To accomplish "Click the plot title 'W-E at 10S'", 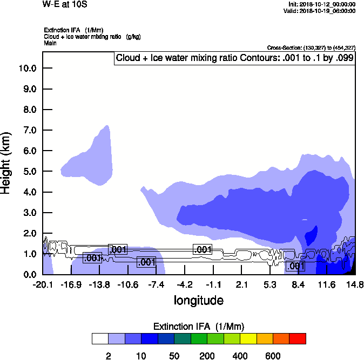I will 64,5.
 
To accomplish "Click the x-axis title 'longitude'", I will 198,300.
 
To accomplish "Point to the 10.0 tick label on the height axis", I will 27,69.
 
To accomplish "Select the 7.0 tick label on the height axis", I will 29,130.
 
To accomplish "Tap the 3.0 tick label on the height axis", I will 29,213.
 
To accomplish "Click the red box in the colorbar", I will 298,338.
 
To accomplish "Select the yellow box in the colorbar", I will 248,338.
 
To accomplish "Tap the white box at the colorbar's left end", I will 100,338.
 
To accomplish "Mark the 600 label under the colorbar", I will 273,356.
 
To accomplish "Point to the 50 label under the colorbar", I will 174,356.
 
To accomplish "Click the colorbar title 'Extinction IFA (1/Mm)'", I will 199,326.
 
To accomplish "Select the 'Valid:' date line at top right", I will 321,11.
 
